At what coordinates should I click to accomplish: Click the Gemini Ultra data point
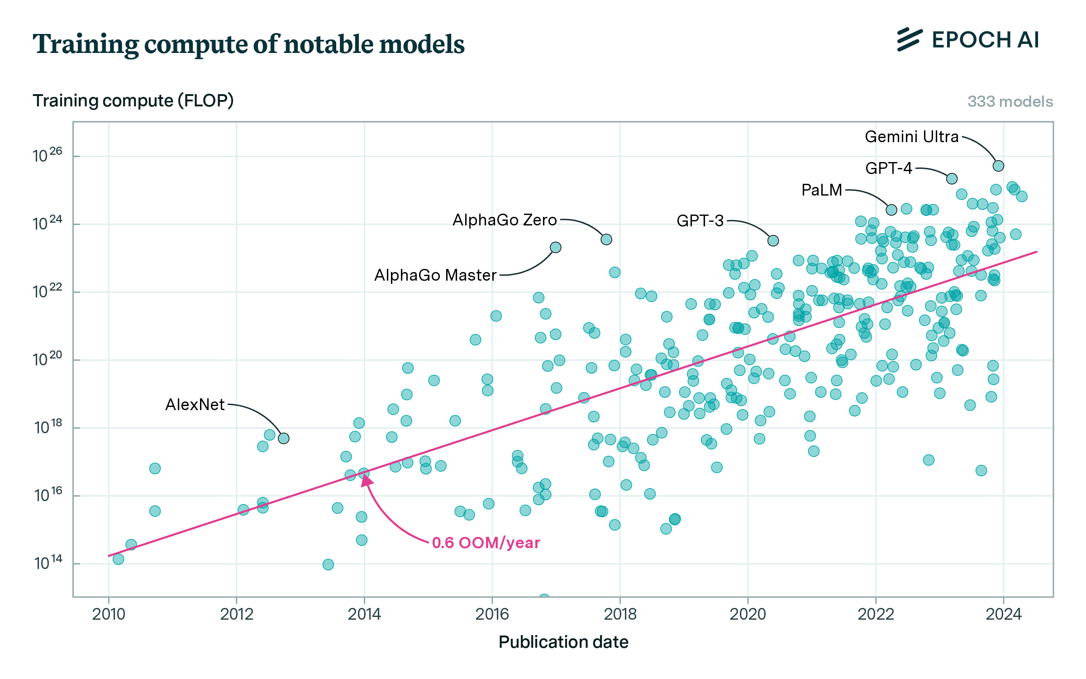(x=998, y=166)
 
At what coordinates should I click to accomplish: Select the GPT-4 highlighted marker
(x=952, y=179)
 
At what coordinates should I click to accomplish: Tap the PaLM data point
(x=891, y=210)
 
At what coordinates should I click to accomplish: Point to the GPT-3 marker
(x=773, y=240)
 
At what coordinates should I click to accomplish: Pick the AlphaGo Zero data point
(x=606, y=239)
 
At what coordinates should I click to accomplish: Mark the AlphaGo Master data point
(x=556, y=247)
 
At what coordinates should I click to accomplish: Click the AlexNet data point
(x=284, y=438)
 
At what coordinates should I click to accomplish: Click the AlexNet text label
(x=195, y=405)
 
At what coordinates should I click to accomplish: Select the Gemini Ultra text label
(x=911, y=137)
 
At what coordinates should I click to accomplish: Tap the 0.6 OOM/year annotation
(x=486, y=543)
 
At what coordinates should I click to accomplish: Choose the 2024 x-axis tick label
(x=1004, y=614)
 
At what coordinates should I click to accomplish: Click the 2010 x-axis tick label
(x=109, y=614)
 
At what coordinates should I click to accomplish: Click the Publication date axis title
(x=563, y=642)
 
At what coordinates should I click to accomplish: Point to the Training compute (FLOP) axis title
(x=133, y=100)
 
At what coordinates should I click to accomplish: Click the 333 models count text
(x=1010, y=101)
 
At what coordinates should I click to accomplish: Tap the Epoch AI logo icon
(x=910, y=40)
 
